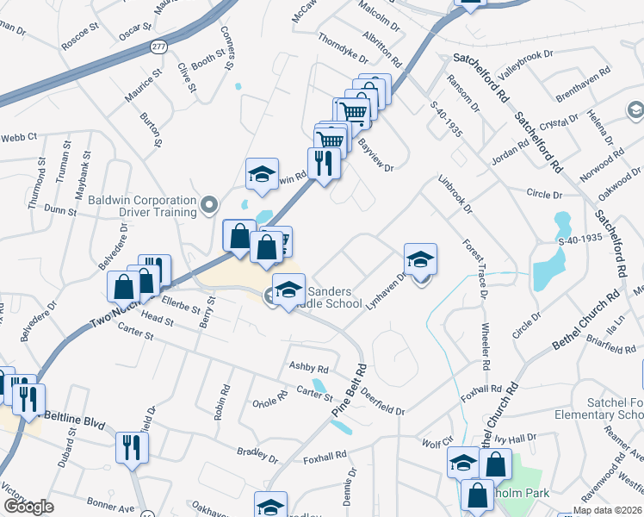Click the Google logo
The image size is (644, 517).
[x=29, y=507]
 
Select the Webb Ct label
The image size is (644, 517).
[x=19, y=136]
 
